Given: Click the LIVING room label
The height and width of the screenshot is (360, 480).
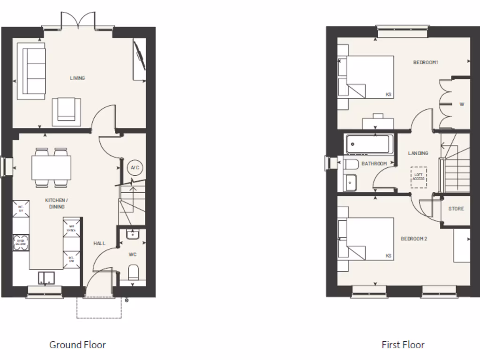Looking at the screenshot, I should [x=77, y=78].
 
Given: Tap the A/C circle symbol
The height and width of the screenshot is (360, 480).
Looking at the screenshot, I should [x=135, y=168].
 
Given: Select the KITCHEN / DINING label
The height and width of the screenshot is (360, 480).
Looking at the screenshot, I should [x=55, y=203].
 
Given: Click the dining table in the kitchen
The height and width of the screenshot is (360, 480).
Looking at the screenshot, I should [x=52, y=167].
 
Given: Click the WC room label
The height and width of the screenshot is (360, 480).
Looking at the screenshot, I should [x=132, y=255].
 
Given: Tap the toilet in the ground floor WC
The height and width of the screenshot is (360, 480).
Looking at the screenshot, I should [x=133, y=272].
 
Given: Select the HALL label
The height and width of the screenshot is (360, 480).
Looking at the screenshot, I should [x=99, y=243].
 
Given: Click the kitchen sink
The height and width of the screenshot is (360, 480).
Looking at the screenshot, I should [x=46, y=278].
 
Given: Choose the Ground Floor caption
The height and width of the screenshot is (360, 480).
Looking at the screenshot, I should [x=78, y=345].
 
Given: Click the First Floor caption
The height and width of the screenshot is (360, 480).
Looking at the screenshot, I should [x=403, y=345].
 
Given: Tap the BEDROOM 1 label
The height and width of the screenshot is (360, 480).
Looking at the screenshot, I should [x=425, y=62].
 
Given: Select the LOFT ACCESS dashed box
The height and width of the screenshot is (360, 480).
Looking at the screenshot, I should [x=419, y=177].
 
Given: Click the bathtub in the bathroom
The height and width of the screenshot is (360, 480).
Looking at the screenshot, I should [x=367, y=144].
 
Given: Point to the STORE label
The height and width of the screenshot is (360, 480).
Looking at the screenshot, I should [x=456, y=209].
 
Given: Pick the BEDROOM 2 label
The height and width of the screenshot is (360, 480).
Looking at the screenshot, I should [x=414, y=239].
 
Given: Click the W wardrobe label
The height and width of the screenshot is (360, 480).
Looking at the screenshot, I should [x=462, y=105].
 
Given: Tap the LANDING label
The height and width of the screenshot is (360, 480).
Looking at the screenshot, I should [x=418, y=153].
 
